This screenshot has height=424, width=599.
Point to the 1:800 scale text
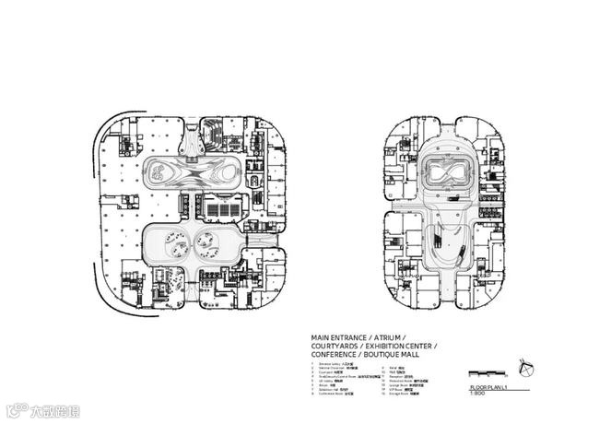476,395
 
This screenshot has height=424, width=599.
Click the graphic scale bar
485,373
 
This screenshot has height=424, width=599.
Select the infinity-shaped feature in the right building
447,172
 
